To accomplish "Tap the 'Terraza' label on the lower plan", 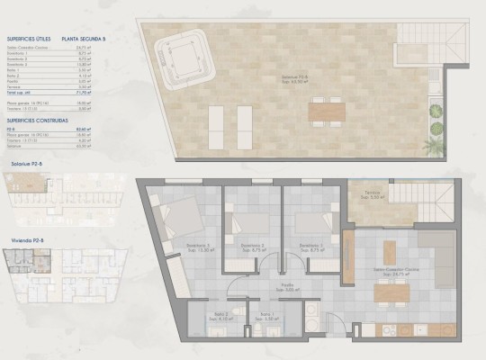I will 372,192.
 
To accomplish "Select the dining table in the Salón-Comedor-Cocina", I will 389,293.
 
